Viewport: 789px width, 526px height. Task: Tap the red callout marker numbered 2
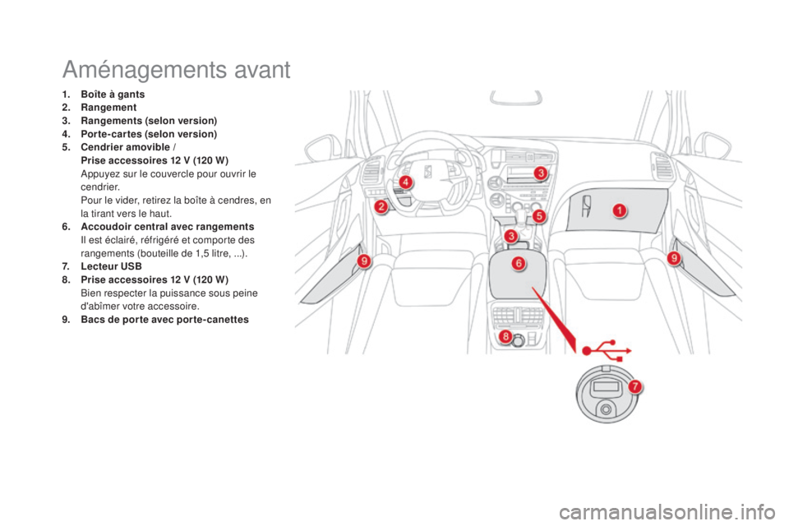click(x=381, y=207)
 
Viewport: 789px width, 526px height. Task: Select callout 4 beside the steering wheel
click(x=405, y=182)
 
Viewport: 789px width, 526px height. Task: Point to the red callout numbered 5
click(x=538, y=215)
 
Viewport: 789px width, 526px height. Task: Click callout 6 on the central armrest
click(x=519, y=263)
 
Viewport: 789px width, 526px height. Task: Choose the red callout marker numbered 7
click(x=634, y=385)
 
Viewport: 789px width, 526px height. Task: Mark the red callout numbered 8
click(x=506, y=337)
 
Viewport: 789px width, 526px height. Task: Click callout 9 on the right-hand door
click(x=673, y=258)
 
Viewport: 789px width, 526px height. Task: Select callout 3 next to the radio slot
click(x=540, y=173)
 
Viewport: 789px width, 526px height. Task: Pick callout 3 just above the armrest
click(x=511, y=236)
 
